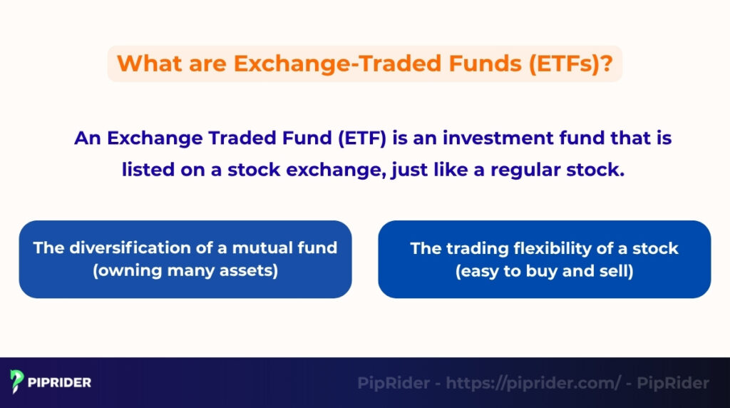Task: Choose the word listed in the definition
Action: click(147, 170)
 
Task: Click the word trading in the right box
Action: click(474, 248)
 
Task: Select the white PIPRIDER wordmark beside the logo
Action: click(60, 382)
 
